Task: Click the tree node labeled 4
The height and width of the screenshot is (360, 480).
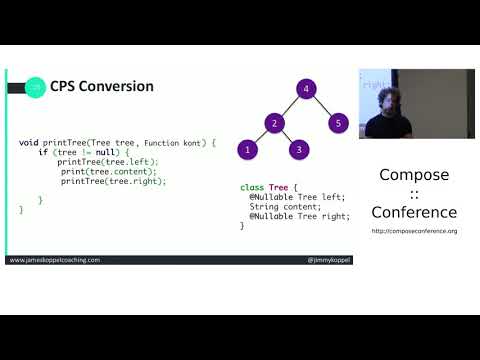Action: coord(305,88)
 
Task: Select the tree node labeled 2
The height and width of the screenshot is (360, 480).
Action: coord(272,123)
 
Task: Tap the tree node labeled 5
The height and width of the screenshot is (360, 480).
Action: coord(337,123)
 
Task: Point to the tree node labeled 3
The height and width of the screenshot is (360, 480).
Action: coord(297,150)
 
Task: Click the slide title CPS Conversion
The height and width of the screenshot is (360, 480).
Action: coord(102,87)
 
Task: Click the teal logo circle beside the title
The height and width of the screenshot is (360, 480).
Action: coord(35,87)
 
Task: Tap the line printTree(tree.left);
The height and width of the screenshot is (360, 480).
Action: coord(108,161)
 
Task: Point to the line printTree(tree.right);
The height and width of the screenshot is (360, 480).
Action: coord(113,181)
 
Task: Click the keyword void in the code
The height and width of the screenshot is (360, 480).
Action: coord(29,143)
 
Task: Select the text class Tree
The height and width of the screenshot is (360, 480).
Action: coord(264,187)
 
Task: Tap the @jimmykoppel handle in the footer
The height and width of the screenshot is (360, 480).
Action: coord(329,260)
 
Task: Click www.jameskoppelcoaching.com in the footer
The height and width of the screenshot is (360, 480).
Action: coord(55,260)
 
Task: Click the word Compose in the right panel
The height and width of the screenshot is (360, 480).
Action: coord(414,176)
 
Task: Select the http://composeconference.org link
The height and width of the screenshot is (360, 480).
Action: coord(414,231)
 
